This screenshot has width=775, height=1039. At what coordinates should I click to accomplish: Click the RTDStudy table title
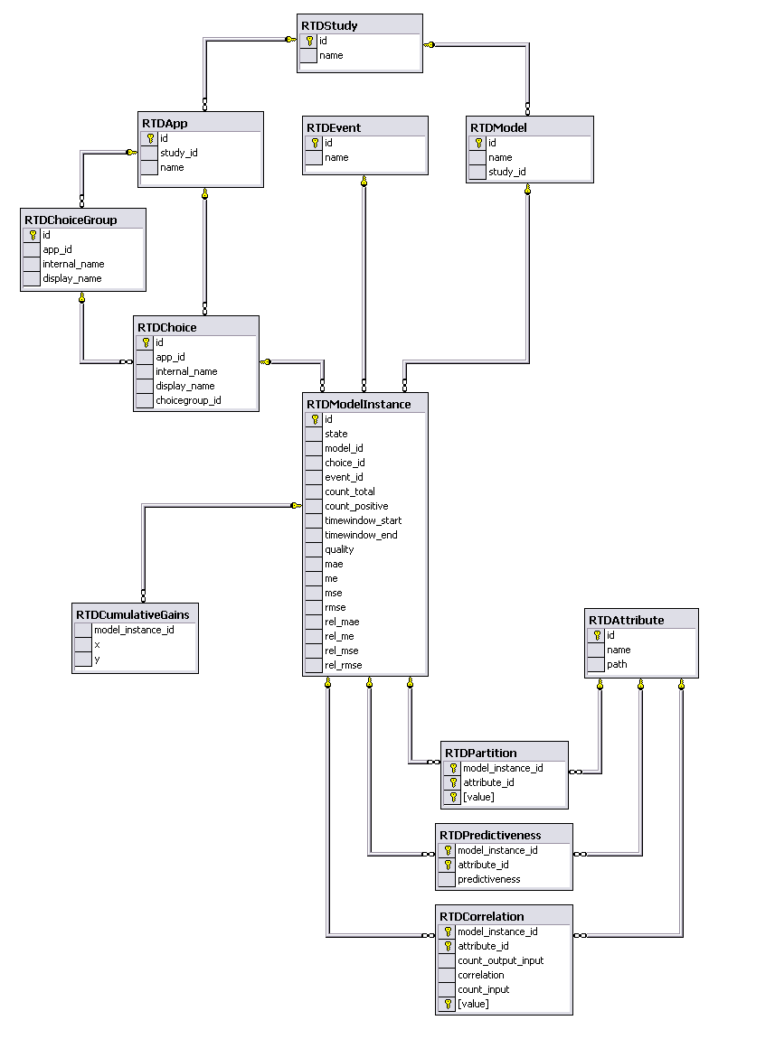pos(329,26)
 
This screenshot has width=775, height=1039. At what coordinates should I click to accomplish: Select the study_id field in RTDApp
pos(179,153)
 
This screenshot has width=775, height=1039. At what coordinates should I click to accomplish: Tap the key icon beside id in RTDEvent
pos(315,143)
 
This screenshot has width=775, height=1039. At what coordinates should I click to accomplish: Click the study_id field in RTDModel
pos(507,173)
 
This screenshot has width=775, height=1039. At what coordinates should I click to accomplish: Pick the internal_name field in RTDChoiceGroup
pos(73,265)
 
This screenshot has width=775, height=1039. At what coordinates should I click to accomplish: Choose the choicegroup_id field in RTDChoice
pos(188,401)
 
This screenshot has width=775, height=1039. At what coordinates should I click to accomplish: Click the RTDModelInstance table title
pos(359,404)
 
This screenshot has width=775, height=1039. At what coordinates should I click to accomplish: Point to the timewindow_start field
pos(364,520)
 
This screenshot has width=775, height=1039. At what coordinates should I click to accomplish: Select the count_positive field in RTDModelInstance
pos(356,506)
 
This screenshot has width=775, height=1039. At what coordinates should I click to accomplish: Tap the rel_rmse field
pos(344,665)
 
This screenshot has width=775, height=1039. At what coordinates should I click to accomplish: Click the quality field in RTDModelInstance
pos(339,550)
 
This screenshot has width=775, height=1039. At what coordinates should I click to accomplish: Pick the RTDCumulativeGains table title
pos(133,615)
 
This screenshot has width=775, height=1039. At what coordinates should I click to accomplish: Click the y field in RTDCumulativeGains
pos(97,660)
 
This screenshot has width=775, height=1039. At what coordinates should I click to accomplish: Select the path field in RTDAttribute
pos(618,665)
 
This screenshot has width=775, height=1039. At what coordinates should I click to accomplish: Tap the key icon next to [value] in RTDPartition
pos(453,797)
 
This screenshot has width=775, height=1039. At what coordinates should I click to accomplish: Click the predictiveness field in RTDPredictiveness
pos(489,880)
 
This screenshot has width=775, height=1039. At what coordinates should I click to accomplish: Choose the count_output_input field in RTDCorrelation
pos(500,960)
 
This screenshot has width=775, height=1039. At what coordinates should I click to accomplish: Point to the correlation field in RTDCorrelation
pos(481,976)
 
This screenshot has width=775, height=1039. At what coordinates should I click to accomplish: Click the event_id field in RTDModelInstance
pos(344,477)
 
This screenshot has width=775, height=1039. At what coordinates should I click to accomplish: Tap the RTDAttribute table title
pos(627,620)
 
